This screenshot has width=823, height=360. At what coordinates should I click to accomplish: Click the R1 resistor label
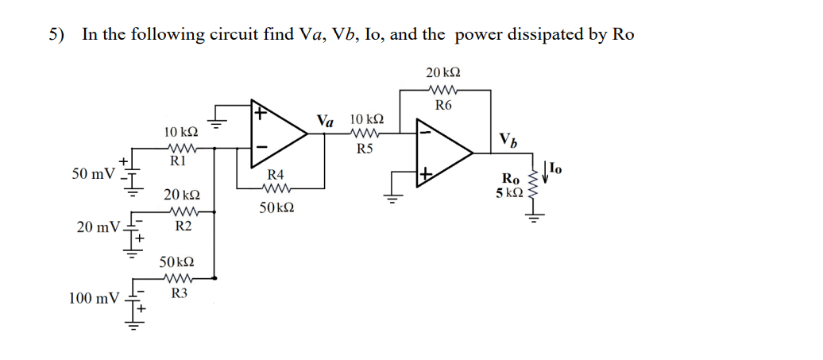(179, 161)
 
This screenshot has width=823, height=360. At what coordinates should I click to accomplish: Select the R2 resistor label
(182, 226)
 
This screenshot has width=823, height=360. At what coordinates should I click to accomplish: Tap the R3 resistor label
(180, 293)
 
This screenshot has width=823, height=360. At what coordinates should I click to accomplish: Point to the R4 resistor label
(276, 174)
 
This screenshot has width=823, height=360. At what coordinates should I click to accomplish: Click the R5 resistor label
(365, 148)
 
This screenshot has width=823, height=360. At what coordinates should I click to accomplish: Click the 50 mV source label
(92, 173)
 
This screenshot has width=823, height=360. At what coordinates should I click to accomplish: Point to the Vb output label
(509, 140)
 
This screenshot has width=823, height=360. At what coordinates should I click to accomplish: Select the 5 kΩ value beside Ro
(508, 192)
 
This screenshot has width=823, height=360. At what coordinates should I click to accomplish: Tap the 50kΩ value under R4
(277, 207)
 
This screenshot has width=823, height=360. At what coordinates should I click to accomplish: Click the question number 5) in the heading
(56, 34)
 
